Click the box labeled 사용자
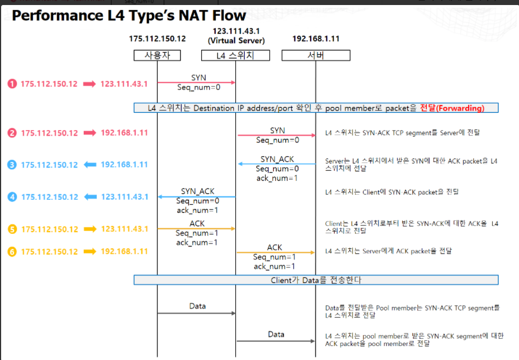[x=156, y=55]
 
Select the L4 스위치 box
[x=235, y=55]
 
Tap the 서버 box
[x=316, y=55]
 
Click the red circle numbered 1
[x=12, y=84]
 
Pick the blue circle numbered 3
[x=12, y=165]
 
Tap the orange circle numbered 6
[x=12, y=252]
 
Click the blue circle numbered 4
[x=12, y=196]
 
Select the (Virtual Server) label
[x=236, y=40]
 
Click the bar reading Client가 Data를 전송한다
[x=316, y=280]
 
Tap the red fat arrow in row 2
[x=89, y=133]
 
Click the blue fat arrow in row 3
[x=89, y=165]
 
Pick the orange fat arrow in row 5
[x=89, y=229]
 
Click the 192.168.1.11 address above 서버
[x=316, y=39]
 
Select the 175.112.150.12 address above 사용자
[x=157, y=39]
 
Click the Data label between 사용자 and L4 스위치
[x=197, y=306]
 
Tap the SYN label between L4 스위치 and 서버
[x=277, y=130]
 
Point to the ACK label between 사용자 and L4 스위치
[x=197, y=223]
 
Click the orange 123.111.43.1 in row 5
[x=124, y=229]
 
